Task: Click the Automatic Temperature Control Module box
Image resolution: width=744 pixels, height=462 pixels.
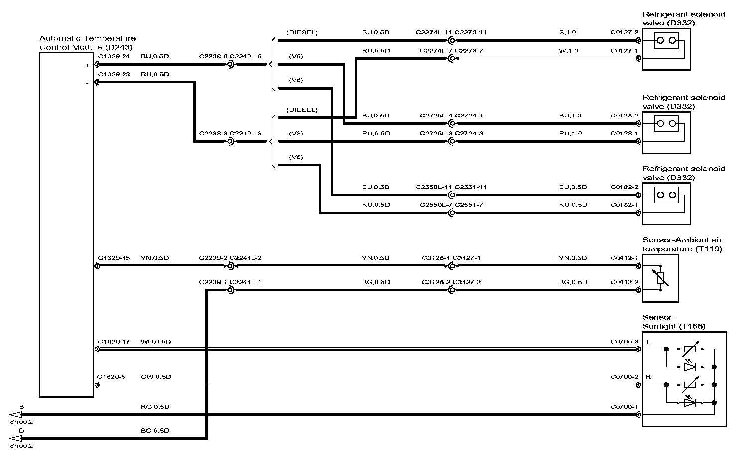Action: pyautogui.click(x=67, y=224)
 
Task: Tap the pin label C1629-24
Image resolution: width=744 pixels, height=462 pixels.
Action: pyautogui.click(x=114, y=57)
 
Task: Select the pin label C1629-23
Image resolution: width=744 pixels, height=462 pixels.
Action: pyautogui.click(x=114, y=74)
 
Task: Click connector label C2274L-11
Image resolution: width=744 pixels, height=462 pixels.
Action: pyautogui.click(x=434, y=33)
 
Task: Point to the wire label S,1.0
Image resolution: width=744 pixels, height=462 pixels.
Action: pyautogui.click(x=567, y=33)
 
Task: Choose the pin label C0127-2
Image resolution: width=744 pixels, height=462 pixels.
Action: pyautogui.click(x=624, y=33)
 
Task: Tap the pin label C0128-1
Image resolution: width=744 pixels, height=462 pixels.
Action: pyautogui.click(x=624, y=134)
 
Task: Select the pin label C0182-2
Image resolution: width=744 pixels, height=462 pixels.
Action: pyautogui.click(x=624, y=187)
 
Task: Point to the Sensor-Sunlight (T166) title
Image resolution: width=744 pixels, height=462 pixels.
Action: pyautogui.click(x=674, y=322)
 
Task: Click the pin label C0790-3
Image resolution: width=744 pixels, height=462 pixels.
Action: pyautogui.click(x=624, y=342)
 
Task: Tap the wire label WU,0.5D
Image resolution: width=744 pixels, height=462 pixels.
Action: pyautogui.click(x=156, y=342)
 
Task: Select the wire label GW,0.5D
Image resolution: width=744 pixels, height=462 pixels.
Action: pyautogui.click(x=156, y=377)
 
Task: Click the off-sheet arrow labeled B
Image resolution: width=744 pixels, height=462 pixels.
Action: pyautogui.click(x=16, y=415)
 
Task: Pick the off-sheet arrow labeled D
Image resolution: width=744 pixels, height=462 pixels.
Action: pyautogui.click(x=16, y=439)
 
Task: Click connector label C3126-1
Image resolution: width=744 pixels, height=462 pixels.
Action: pyautogui.click(x=435, y=258)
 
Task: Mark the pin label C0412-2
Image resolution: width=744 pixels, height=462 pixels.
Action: pyautogui.click(x=624, y=282)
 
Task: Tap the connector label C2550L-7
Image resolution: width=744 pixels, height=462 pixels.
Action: pyautogui.click(x=435, y=205)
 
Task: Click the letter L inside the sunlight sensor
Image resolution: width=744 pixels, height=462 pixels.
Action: pyautogui.click(x=648, y=342)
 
